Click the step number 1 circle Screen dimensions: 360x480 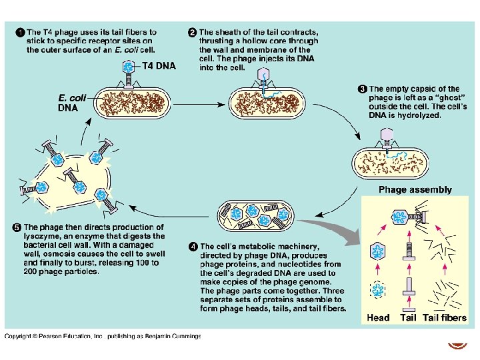pos(20,31)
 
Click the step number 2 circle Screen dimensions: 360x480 pos(192,31)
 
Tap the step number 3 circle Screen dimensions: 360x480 pos(363,89)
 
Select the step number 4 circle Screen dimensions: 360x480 pos(193,247)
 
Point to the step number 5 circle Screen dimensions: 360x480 pos(17,227)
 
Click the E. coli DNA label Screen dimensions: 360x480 pos(72,102)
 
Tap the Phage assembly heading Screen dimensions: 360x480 pos(415,189)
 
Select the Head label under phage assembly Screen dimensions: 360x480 pos(378,317)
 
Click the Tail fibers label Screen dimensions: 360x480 pos(445,317)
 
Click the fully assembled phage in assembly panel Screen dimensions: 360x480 pos(404,216)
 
